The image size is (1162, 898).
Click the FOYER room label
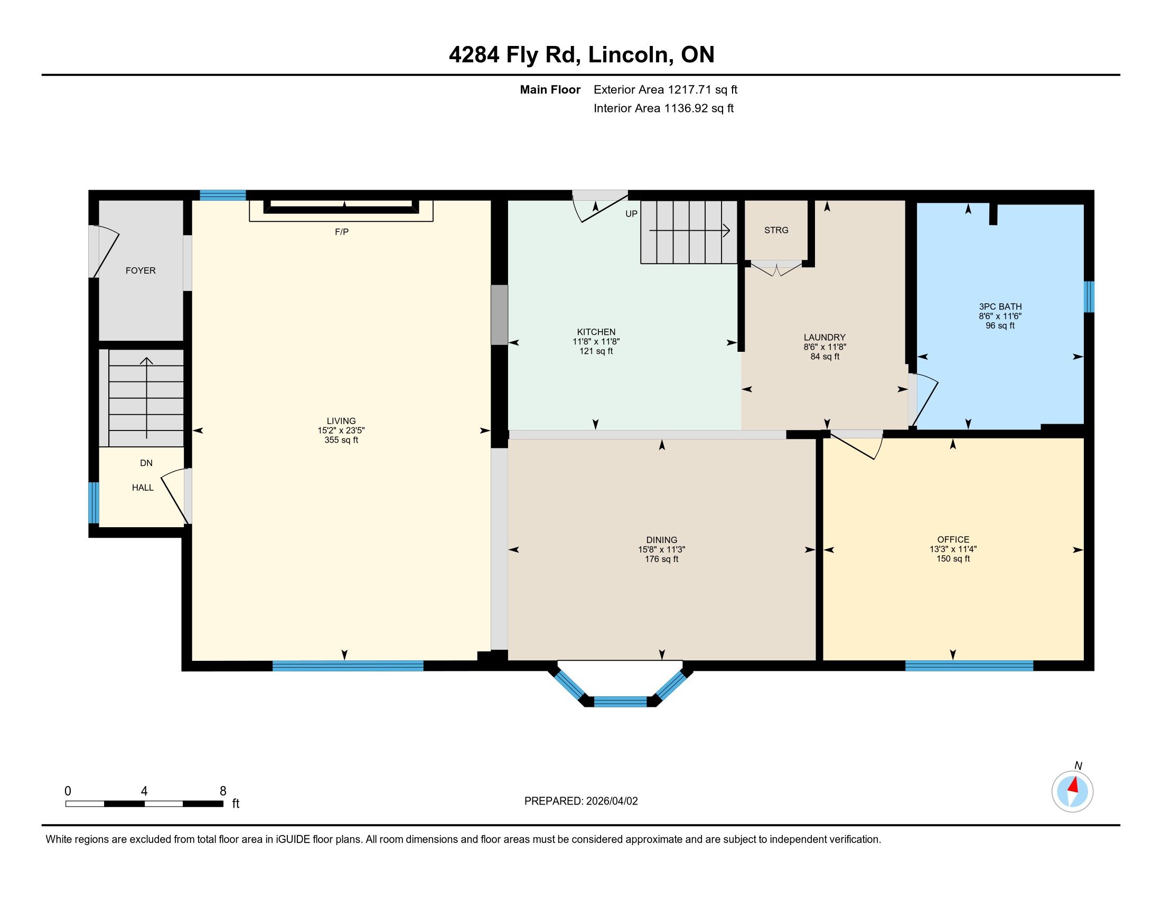point(140,270)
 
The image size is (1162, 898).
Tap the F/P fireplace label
point(342,232)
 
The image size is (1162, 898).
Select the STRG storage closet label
point(776,230)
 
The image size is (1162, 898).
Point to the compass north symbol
point(1072,791)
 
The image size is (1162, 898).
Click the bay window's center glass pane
point(621,701)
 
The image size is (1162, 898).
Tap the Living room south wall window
point(348,666)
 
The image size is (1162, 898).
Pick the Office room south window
point(969,666)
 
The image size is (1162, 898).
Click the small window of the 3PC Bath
point(1089,297)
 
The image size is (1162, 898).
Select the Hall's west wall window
point(93,503)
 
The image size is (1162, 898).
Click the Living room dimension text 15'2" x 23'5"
point(341,431)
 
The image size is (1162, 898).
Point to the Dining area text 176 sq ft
point(662,559)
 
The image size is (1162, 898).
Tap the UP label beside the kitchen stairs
point(632,214)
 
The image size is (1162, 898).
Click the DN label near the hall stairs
point(146,463)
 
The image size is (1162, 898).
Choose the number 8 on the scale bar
point(223,791)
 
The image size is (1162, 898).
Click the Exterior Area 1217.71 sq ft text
point(666,89)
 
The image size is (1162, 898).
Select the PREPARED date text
point(581,801)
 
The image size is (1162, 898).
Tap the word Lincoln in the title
point(629,55)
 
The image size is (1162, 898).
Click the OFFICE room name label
point(953,539)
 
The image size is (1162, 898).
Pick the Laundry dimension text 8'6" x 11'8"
point(824,347)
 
